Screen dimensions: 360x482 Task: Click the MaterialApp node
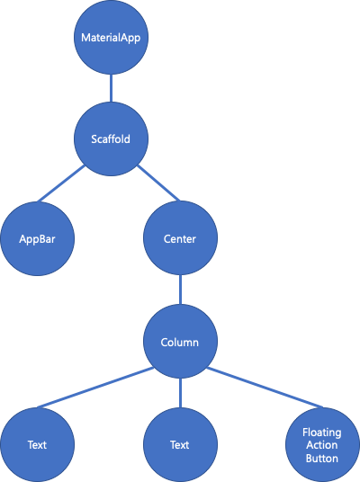111,37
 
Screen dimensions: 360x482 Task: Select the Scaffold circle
111,139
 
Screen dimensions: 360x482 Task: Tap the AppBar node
37,238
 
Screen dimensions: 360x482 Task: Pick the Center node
180,238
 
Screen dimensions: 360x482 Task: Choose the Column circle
180,341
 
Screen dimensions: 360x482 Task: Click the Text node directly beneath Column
180,445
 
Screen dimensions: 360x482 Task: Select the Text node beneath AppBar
37,445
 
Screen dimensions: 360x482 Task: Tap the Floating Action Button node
322,445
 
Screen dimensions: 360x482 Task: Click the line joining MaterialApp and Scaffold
111,88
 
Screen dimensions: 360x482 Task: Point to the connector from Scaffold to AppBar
61,183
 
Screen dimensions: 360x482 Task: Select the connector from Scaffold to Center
158,183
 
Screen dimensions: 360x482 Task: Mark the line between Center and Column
180,290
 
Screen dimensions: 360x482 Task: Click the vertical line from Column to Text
180,393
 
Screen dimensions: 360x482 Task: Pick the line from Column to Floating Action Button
265,388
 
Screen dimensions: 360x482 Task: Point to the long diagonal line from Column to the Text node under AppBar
95,388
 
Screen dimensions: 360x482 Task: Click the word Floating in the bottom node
322,433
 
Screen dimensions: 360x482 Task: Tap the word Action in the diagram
322,445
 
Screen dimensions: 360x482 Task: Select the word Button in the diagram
322,458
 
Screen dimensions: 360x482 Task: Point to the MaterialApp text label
111,38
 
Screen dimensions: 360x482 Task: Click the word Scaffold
111,139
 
